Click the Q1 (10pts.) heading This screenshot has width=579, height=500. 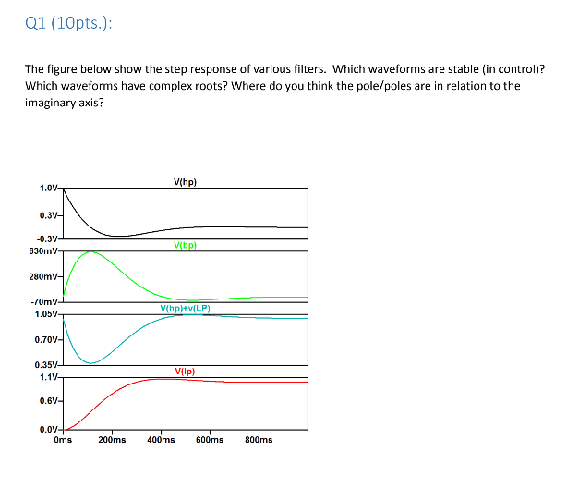point(70,25)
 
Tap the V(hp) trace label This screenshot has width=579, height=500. point(185,182)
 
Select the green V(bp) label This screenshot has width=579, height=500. point(185,246)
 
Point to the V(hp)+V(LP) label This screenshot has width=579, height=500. point(185,309)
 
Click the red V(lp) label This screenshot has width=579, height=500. point(185,372)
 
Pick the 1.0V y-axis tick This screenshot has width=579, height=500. point(48,189)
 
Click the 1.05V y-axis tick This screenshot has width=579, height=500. point(46,313)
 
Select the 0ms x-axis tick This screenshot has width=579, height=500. point(63,440)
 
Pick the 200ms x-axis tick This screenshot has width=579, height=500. point(112,440)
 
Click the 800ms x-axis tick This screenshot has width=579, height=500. point(259,440)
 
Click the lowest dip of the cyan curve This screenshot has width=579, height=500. point(90,362)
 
